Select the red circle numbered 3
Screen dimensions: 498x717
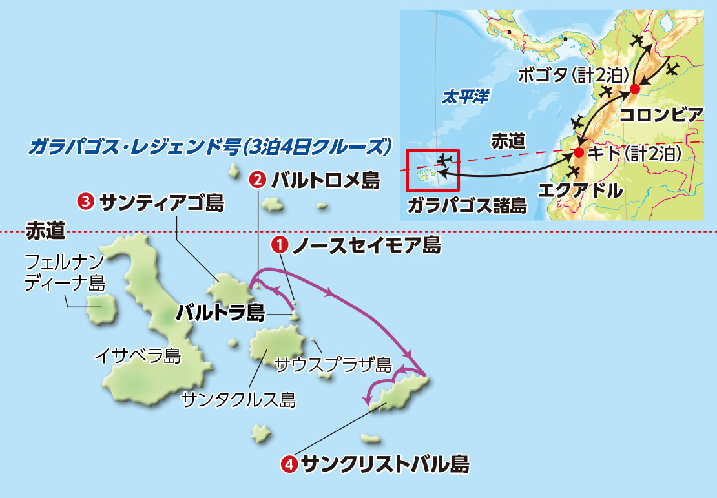(85, 203)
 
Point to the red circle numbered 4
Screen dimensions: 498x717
(290, 463)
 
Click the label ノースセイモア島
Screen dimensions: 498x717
(366, 245)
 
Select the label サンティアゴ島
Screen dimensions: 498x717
(162, 203)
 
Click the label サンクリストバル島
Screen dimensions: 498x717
(385, 463)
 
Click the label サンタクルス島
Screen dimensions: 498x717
(239, 400)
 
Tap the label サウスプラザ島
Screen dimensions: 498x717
(333, 365)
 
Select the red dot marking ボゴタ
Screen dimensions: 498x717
(635, 88)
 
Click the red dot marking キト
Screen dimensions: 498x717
(579, 153)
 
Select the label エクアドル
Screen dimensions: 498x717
(581, 191)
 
